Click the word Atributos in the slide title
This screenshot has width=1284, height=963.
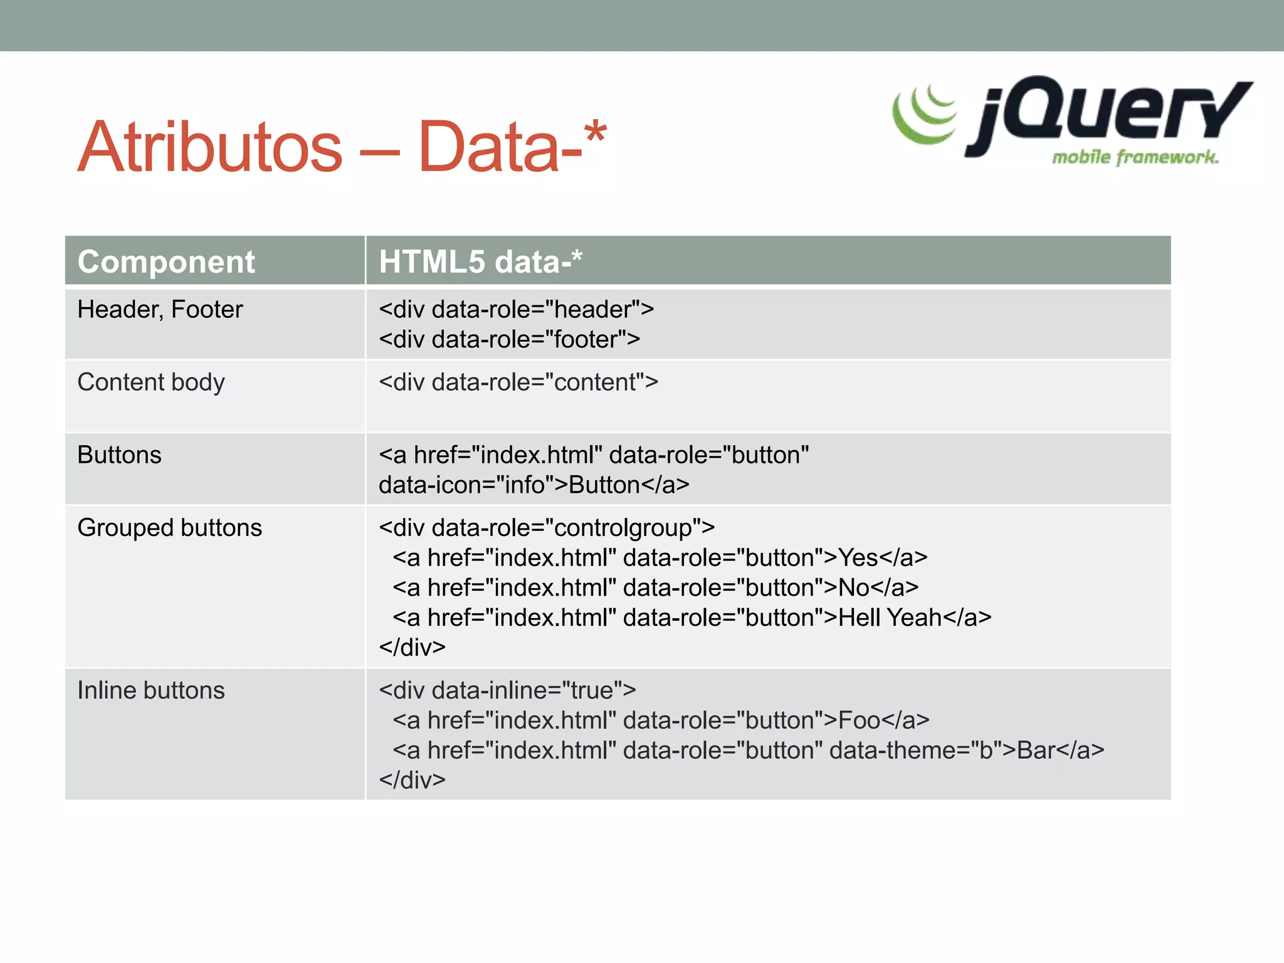(x=210, y=147)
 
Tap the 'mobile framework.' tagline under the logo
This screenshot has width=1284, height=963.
(x=1135, y=157)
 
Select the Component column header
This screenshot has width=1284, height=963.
(x=166, y=261)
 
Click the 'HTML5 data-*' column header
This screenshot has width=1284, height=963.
(x=480, y=261)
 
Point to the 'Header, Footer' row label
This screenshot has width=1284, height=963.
(x=160, y=310)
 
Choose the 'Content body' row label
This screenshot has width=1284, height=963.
(x=151, y=382)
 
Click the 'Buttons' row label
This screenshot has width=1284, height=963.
(x=119, y=455)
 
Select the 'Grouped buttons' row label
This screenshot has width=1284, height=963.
(x=169, y=528)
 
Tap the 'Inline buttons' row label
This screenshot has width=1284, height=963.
(x=151, y=691)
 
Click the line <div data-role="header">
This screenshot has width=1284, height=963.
(x=516, y=310)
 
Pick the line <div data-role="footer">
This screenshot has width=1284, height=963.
(x=509, y=340)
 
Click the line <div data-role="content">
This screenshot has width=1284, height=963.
(x=518, y=382)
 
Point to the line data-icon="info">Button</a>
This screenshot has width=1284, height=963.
(x=534, y=485)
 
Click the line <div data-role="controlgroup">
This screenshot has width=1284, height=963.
(x=547, y=528)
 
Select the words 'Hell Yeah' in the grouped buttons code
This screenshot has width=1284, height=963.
(x=890, y=618)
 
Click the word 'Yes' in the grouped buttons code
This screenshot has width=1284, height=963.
(x=858, y=558)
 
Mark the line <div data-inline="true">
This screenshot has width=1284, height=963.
(x=507, y=691)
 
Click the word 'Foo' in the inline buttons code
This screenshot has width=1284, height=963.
(x=859, y=721)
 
